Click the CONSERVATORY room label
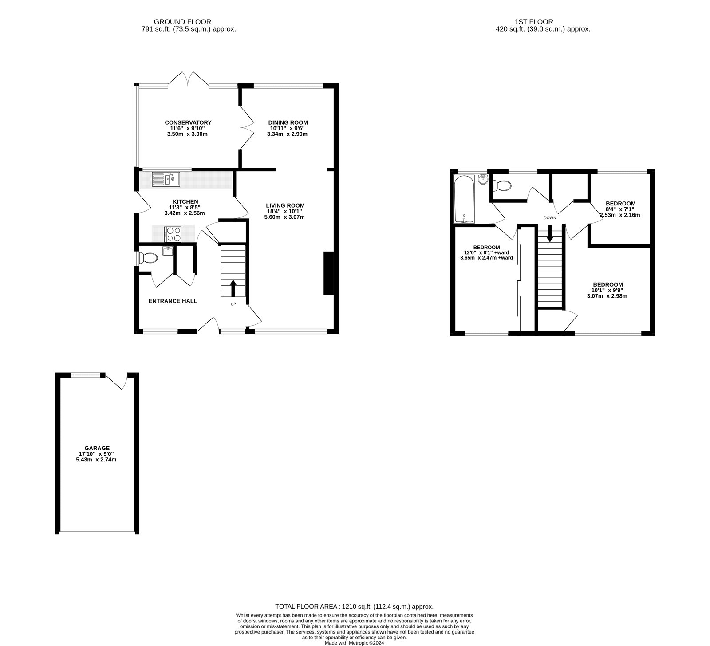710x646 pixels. coord(188,122)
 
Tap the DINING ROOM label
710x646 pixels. coord(288,122)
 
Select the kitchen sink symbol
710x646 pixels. coord(166,179)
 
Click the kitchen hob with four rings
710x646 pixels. coord(173,234)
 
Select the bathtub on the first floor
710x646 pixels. coord(464,199)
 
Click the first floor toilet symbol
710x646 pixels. coord(502,185)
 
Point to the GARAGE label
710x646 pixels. coord(97,448)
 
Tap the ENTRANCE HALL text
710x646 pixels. coord(173,301)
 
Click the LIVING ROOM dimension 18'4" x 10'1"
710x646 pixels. coord(285,211)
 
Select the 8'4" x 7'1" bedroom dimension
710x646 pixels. coord(620,209)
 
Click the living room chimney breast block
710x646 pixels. coord(329,273)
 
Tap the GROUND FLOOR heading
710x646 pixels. coord(182,21)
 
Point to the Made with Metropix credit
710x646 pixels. coord(354,642)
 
